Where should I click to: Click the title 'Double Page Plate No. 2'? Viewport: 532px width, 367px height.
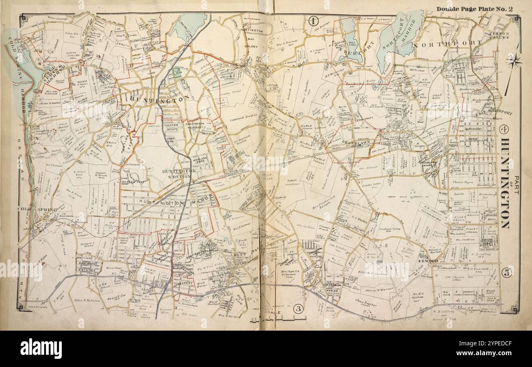tap(474, 9)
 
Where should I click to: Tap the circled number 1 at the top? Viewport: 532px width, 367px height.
tap(313, 20)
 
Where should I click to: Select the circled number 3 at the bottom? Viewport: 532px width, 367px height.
tap(298, 309)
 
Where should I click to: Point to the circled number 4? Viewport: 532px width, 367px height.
tap(504, 130)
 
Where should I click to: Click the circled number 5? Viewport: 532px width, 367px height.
tap(507, 273)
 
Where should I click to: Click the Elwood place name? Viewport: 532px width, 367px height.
tap(428, 260)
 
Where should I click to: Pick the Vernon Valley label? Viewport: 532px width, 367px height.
tap(499, 35)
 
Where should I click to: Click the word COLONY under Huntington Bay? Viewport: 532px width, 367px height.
tap(252, 46)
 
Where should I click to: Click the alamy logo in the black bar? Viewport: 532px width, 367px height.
tap(41, 348)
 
